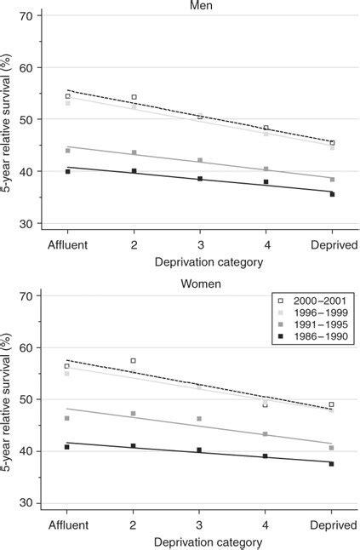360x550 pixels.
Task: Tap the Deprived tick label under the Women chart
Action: [331, 522]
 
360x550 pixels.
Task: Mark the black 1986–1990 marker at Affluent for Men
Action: [67, 171]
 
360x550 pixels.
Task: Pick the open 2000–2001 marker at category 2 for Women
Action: [134, 361]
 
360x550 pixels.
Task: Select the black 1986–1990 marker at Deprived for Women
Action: [331, 464]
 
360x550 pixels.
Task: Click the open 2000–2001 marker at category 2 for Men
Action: [134, 97]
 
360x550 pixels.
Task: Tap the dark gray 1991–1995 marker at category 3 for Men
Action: [200, 160]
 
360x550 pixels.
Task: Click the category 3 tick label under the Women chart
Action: [200, 522]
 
